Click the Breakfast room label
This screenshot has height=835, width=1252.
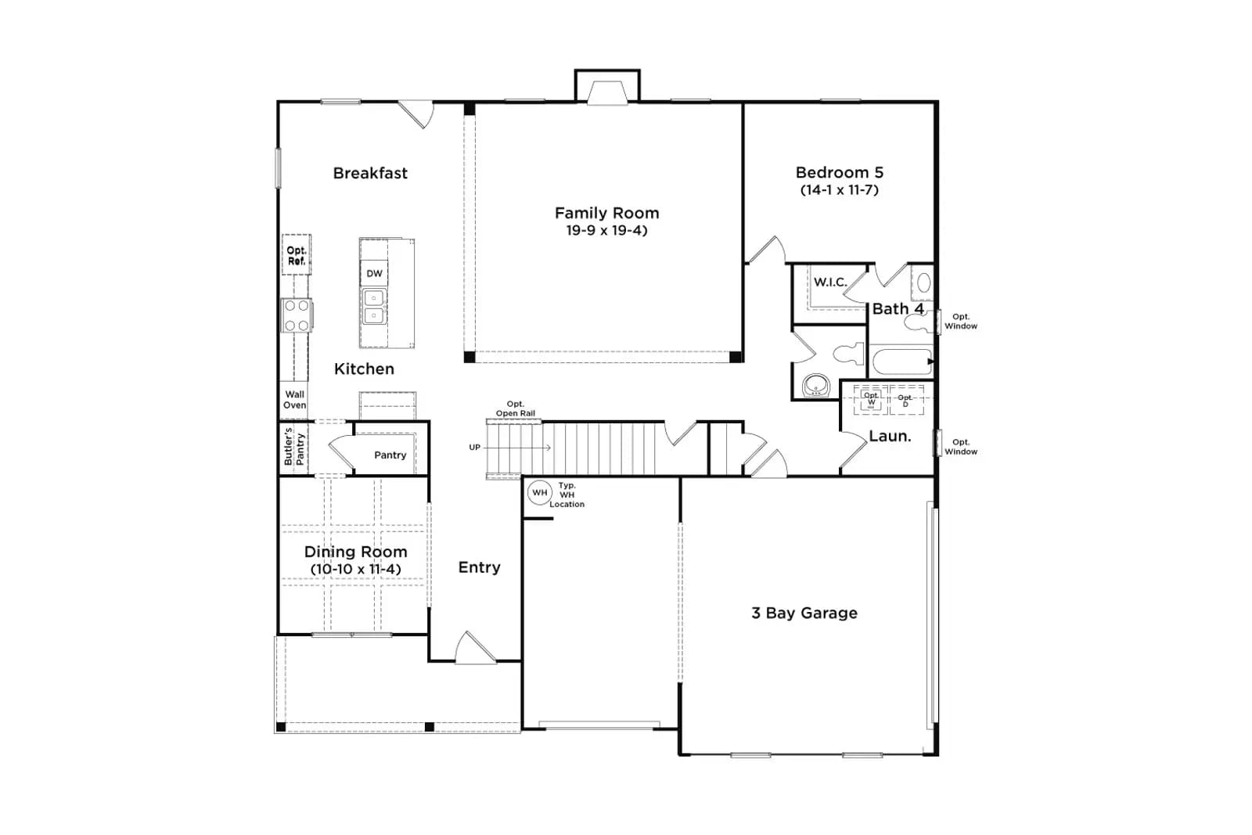pyautogui.click(x=370, y=173)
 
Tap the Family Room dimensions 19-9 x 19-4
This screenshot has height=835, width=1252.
pyautogui.click(x=606, y=230)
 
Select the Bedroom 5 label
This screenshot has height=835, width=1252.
pyautogui.click(x=840, y=172)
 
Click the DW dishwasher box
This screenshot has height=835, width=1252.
pyautogui.click(x=374, y=273)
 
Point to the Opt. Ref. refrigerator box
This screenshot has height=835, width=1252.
pyautogui.click(x=297, y=255)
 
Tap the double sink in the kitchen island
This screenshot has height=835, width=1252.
pyautogui.click(x=374, y=306)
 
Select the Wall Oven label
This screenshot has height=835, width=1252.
pyautogui.click(x=294, y=400)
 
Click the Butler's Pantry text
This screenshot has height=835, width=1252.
pyautogui.click(x=294, y=447)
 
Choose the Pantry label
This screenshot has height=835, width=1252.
pyautogui.click(x=390, y=455)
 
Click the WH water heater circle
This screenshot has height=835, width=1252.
pyautogui.click(x=539, y=492)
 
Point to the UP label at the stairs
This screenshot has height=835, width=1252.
pyautogui.click(x=474, y=447)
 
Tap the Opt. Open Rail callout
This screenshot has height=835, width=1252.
pyautogui.click(x=516, y=409)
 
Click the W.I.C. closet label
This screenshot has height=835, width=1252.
pyautogui.click(x=830, y=283)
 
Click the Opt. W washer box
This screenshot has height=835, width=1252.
pyautogui.click(x=871, y=400)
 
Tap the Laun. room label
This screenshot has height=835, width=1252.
pyautogui.click(x=890, y=437)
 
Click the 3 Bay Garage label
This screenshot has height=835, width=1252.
pyautogui.click(x=804, y=613)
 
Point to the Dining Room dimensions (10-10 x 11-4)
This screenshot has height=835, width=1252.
pyautogui.click(x=356, y=569)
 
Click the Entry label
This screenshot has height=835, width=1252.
pyautogui.click(x=479, y=568)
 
